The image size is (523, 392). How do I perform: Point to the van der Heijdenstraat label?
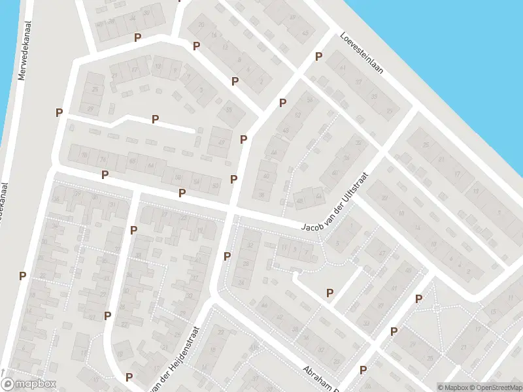(x=175, y=355)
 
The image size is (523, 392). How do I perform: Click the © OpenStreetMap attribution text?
(x=498, y=387)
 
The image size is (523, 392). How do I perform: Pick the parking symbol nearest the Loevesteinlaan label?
(x=319, y=57)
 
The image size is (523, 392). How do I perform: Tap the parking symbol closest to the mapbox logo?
(x=22, y=276)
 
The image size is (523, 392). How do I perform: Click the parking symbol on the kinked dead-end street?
(x=156, y=119)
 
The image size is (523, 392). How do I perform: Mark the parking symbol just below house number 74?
(x=105, y=174)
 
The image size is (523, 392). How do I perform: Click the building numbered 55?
(x=229, y=110)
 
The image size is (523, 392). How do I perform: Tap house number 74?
(x=101, y=159)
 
